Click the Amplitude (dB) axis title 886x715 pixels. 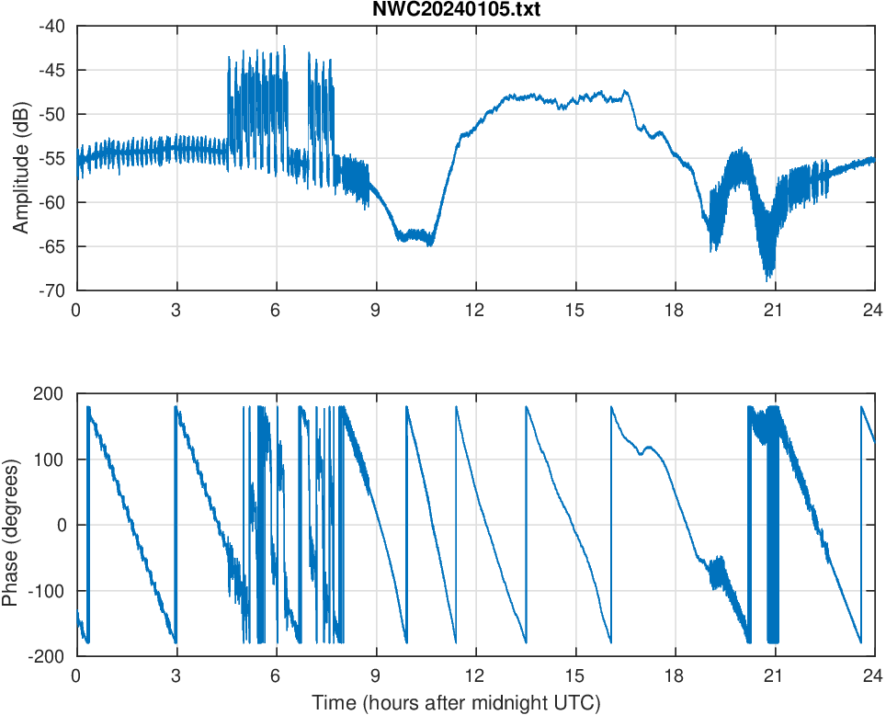coord(20,158)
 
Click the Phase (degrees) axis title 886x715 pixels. coord(11,525)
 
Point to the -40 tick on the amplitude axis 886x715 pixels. coord(51,27)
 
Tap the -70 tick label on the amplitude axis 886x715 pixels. coord(51,290)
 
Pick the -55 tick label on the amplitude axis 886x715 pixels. coord(51,158)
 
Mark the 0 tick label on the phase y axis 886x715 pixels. coord(63,525)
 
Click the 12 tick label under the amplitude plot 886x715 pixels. coord(474,310)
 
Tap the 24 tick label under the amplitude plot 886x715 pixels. coord(873,310)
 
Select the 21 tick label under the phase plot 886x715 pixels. coord(774,675)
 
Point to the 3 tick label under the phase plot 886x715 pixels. coord(176,675)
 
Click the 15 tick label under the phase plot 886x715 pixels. coord(574,675)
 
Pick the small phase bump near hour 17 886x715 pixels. coord(650,448)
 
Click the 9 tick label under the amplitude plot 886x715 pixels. coord(375,310)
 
